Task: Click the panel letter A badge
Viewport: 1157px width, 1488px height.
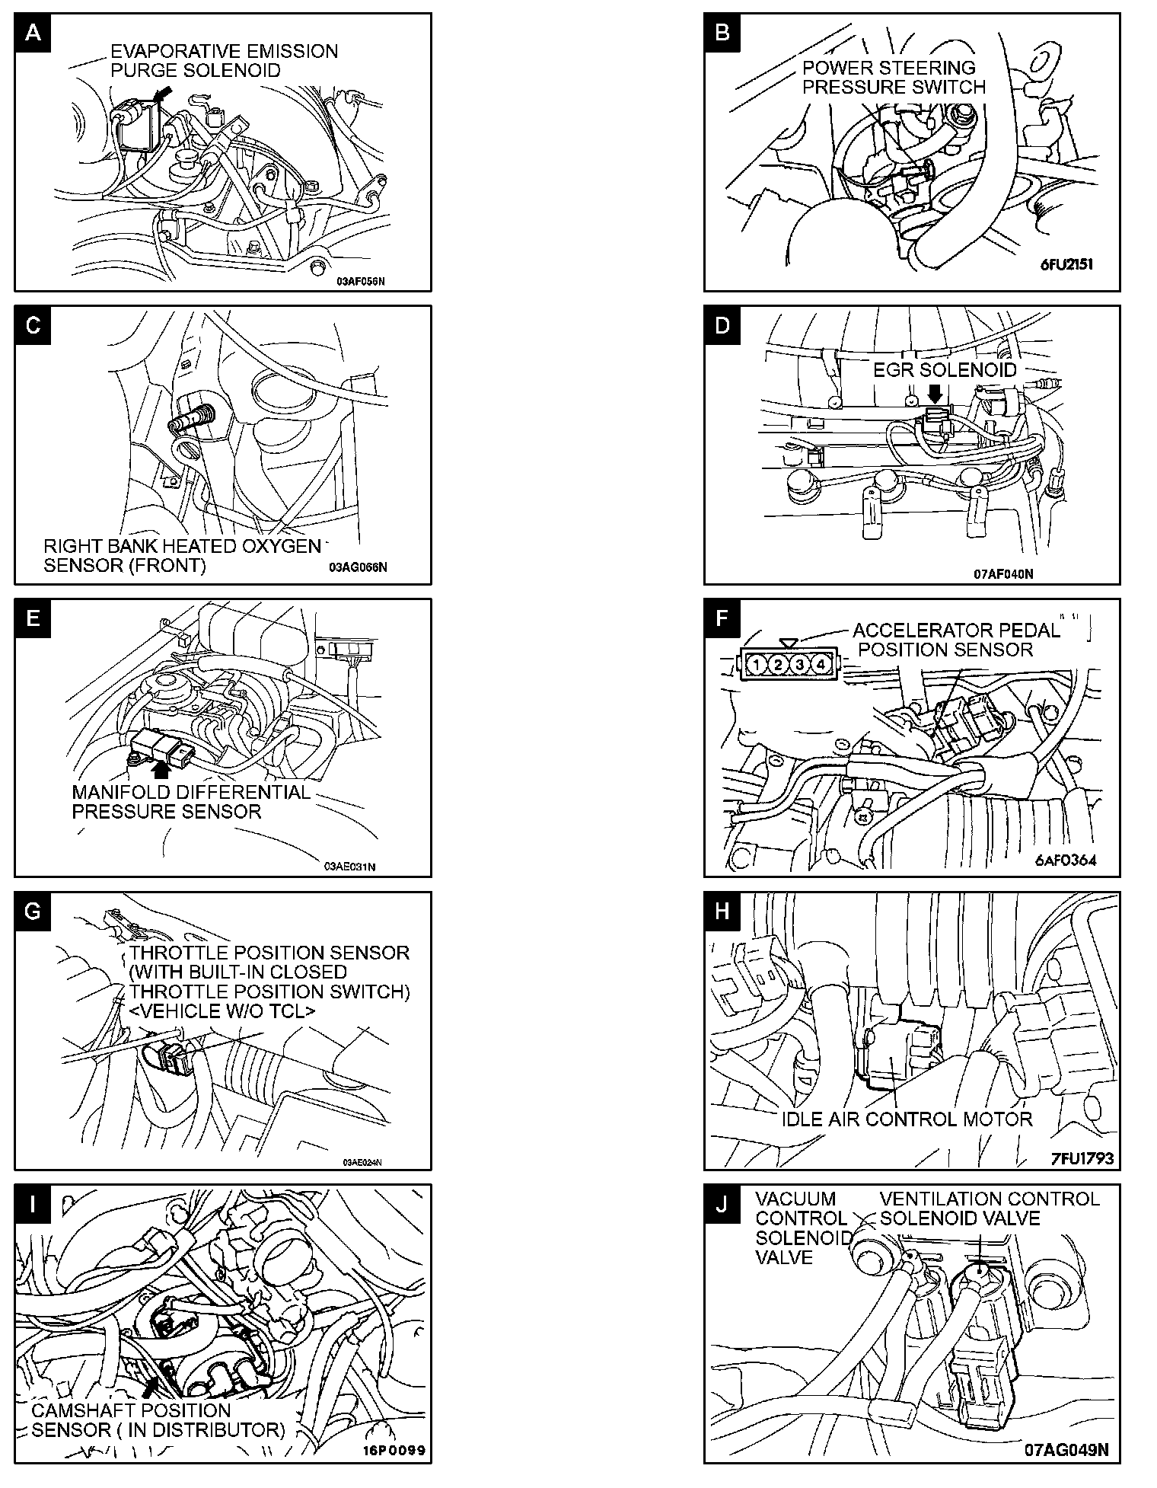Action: coord(33,32)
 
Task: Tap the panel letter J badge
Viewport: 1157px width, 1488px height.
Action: coord(722,1205)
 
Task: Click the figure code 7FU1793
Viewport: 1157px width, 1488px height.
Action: coord(1082,1158)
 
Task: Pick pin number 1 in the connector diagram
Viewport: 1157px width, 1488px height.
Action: coord(757,665)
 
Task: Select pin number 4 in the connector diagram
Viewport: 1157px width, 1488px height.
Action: coord(821,665)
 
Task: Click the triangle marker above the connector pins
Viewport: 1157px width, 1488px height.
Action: coord(789,643)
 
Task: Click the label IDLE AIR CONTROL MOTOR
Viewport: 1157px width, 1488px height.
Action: coord(907,1119)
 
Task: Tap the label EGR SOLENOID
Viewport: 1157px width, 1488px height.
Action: coord(945,370)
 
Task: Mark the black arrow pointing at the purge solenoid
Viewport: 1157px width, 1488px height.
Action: coord(161,94)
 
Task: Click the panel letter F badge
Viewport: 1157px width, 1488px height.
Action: coord(722,618)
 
